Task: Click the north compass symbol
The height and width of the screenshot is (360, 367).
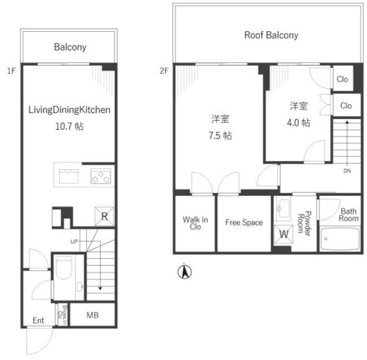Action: [185, 271]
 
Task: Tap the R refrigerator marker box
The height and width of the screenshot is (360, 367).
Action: [104, 216]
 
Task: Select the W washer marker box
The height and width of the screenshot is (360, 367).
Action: [283, 234]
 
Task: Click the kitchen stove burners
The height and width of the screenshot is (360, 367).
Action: [101, 176]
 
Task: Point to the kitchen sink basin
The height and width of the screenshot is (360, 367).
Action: [69, 176]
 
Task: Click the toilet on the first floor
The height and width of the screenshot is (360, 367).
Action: [64, 267]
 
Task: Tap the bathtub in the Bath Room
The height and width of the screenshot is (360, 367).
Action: [340, 239]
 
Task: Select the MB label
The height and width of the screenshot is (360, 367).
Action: [92, 315]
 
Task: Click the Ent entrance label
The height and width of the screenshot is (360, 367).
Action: [39, 320]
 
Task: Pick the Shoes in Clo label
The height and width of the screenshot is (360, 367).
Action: [62, 315]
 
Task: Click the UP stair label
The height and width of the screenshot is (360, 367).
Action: [74, 241]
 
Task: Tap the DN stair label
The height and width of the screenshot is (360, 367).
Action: [347, 171]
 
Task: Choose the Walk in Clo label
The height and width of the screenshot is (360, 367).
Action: [195, 223]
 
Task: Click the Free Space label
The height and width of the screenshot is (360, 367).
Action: [244, 222]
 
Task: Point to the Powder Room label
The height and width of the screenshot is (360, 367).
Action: [304, 224]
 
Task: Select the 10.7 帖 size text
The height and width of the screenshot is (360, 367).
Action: [69, 126]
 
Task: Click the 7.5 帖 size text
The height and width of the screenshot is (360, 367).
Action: [220, 136]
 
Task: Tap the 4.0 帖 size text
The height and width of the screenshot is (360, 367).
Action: [298, 123]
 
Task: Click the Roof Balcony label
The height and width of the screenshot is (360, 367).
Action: [271, 35]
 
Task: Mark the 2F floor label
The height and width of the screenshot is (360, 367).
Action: [164, 71]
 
